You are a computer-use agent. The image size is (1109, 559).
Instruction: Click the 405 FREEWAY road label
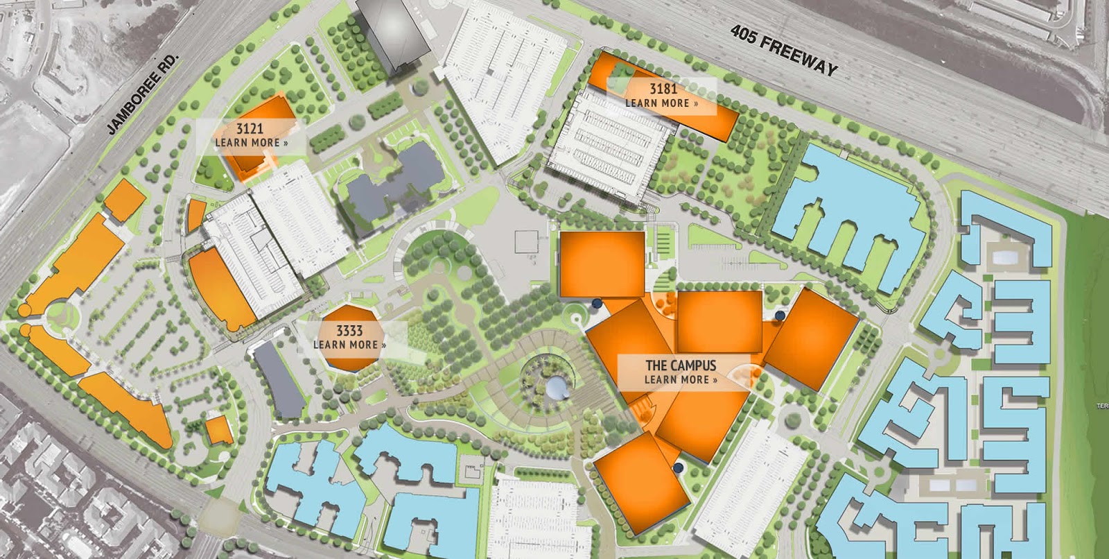point(784,51)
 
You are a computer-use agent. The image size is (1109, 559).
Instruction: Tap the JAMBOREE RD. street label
point(143,94)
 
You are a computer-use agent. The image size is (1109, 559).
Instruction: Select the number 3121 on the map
point(250,129)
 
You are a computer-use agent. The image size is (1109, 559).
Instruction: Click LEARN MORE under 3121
point(251,143)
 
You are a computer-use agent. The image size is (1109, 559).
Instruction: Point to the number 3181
point(663,89)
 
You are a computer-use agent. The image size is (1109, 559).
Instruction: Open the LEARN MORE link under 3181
point(661,103)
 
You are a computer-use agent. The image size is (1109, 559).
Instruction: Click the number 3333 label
point(349,331)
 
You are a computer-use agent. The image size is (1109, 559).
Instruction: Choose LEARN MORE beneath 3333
point(349,345)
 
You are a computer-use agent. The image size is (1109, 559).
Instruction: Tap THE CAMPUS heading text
point(681,365)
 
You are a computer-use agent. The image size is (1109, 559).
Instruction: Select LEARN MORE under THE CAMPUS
point(681,380)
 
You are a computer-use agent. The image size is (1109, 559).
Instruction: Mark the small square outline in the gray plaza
point(526,241)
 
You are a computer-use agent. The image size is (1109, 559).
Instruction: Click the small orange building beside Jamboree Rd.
point(125,200)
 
